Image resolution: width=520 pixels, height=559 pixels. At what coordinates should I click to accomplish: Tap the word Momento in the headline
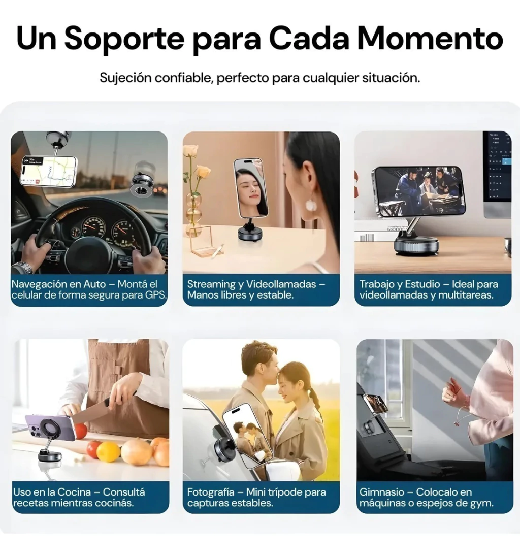pos(430,38)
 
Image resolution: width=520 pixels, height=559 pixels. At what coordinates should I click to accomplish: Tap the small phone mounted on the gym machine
pos(375,403)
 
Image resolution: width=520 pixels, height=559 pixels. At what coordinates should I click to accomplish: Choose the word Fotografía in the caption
pos(211,492)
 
